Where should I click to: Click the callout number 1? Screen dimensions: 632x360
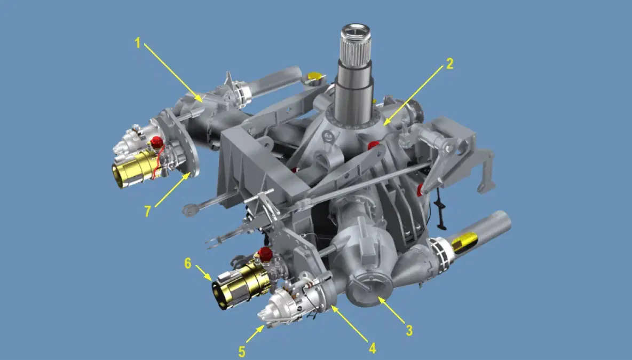coord(138,43)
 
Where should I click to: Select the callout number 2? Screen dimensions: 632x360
coord(449,64)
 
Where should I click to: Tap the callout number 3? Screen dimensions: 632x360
coord(409,331)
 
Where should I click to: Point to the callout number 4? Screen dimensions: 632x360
coord(373,348)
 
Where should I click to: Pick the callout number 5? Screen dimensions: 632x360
coord(241,351)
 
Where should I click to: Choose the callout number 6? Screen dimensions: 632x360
coord(188,263)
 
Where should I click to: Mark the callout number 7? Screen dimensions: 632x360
coord(147,211)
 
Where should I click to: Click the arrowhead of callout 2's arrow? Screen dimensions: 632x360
coord(385,122)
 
